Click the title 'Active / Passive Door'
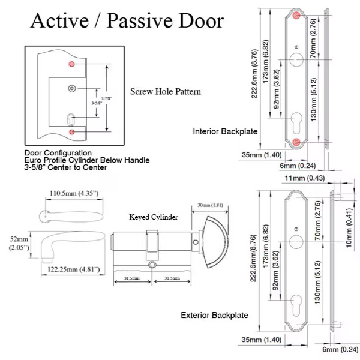[127, 21]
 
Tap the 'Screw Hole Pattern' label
[166, 92]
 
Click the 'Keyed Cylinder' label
[154, 218]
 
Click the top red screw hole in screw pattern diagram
[71, 64]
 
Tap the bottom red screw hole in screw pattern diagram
[71, 131]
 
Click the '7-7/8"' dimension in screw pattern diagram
[104, 97]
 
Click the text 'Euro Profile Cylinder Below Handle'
[87, 160]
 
